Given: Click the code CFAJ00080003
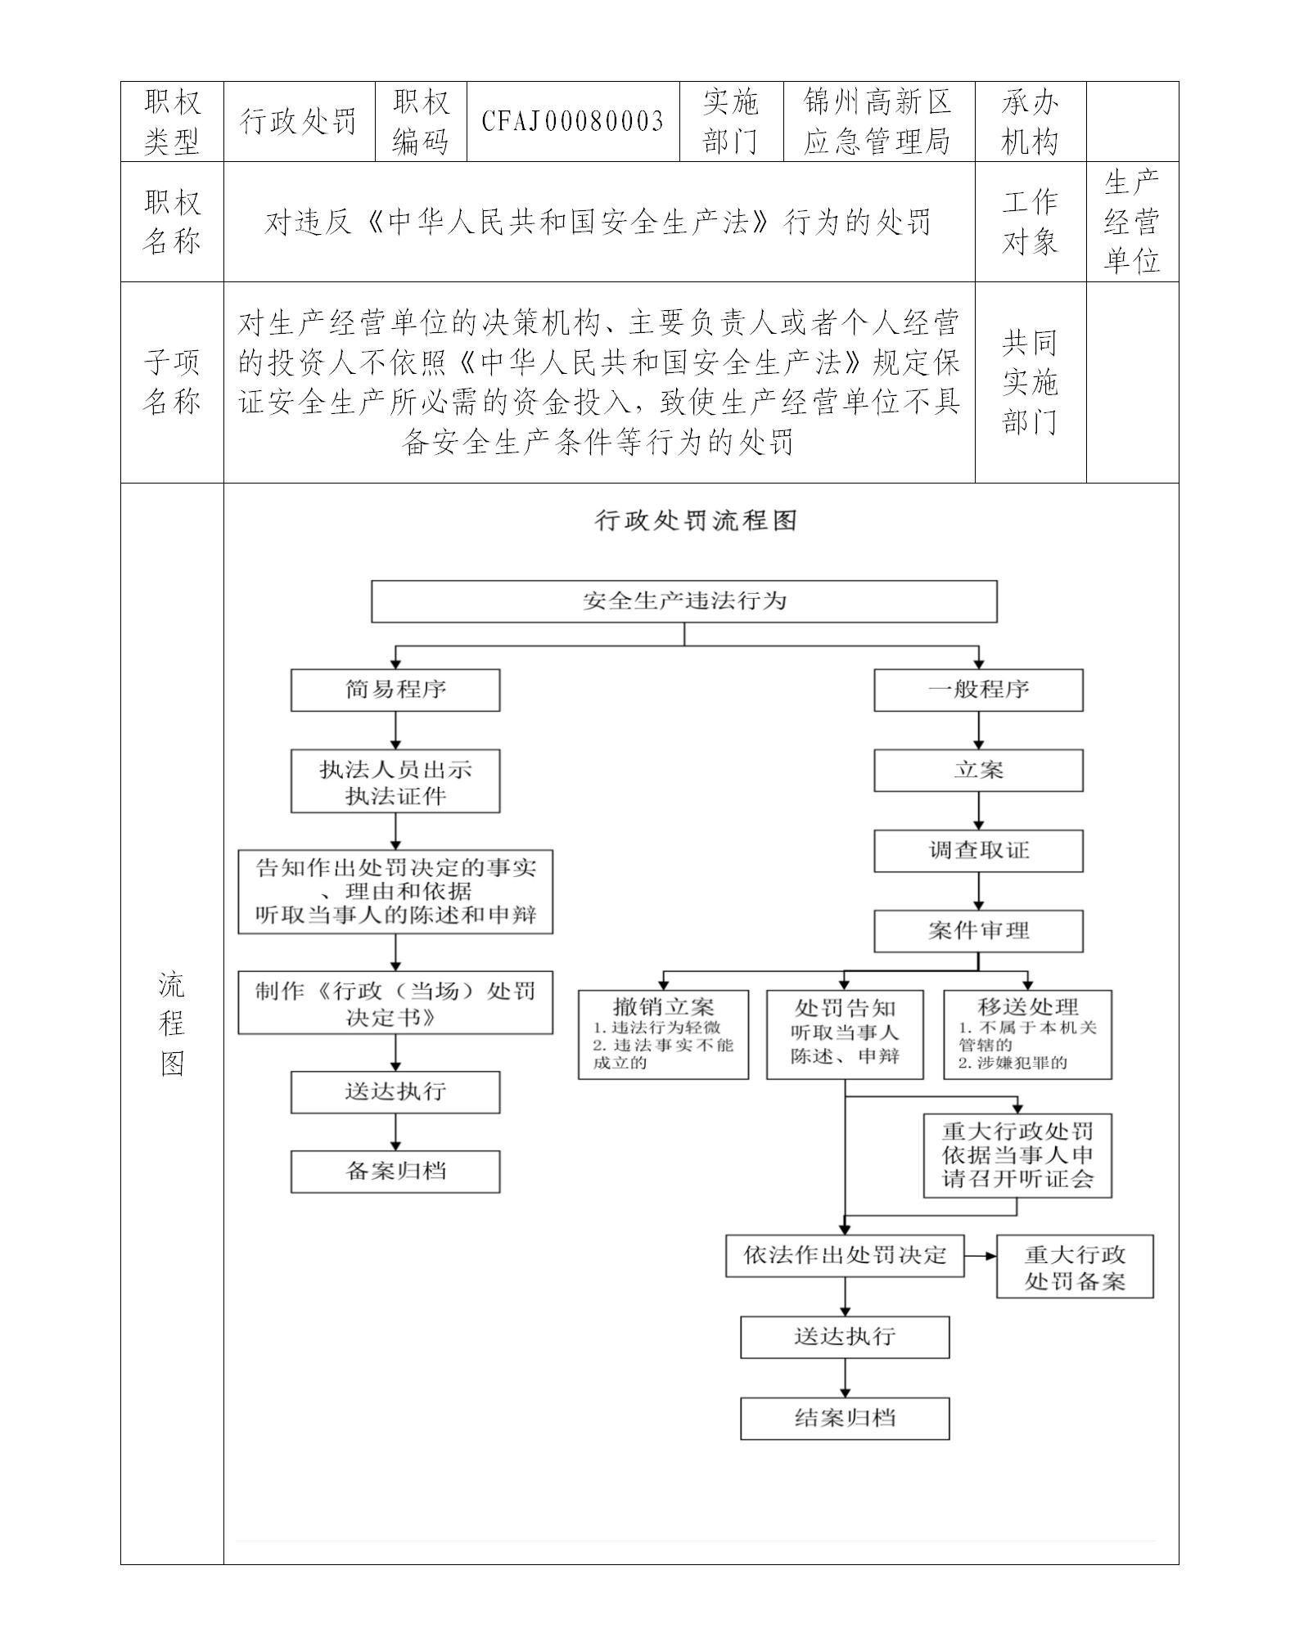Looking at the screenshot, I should (572, 121).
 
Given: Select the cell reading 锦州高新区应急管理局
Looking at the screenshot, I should (877, 121).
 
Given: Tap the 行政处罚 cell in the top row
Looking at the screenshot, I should (299, 121).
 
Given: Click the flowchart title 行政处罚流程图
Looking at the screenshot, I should (696, 520).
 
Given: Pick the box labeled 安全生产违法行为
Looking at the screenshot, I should (684, 601).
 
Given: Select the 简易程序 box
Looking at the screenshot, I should (395, 690).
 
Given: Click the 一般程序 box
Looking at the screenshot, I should (978, 690).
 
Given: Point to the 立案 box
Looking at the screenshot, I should (978, 770).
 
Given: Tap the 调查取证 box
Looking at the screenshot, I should (978, 851).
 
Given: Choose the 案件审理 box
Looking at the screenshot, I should (978, 931).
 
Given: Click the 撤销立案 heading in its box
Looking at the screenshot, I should (663, 1007).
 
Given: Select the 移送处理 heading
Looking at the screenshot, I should (1027, 1007).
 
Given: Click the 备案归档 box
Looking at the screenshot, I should (395, 1172).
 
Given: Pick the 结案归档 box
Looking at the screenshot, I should (845, 1418).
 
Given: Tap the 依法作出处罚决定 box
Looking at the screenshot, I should (845, 1256).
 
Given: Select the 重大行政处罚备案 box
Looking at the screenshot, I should (1075, 1267).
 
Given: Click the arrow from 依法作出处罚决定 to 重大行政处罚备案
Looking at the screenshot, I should (980, 1256).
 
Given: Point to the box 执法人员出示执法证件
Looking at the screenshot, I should (395, 781).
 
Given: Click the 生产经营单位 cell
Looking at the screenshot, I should (1132, 222).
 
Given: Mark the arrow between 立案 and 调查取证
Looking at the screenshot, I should (978, 811).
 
